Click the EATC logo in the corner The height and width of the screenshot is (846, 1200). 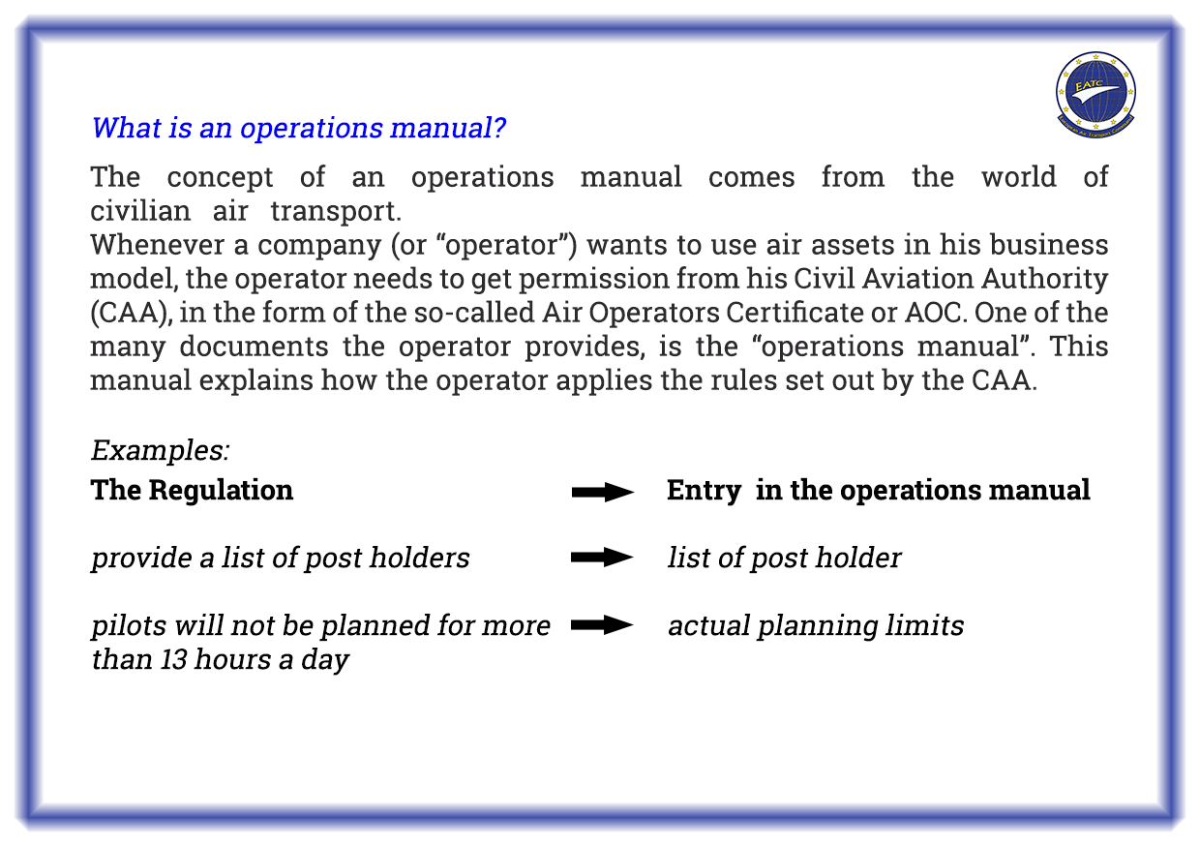pyautogui.click(x=1095, y=95)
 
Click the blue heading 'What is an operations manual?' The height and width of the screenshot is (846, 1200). pyautogui.click(x=298, y=128)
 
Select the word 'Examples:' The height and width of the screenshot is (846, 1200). pyautogui.click(x=161, y=449)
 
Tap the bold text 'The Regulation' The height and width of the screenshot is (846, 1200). pyautogui.click(x=192, y=490)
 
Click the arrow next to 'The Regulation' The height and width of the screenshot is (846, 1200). pyautogui.click(x=603, y=492)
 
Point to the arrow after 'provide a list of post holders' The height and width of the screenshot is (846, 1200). pyautogui.click(x=602, y=558)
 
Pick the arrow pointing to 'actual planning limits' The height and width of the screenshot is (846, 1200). pyautogui.click(x=602, y=624)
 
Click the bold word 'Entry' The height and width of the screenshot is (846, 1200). pyautogui.click(x=704, y=490)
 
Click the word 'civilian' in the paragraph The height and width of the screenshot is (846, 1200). pyautogui.click(x=140, y=211)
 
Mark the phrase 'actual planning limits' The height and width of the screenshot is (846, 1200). pyautogui.click(x=816, y=626)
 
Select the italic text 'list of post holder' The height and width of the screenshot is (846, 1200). pyautogui.click(x=784, y=558)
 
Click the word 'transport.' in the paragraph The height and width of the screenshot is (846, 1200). pyautogui.click(x=336, y=211)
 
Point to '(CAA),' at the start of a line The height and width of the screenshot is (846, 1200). pyautogui.click(x=132, y=313)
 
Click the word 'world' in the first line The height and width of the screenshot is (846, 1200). pyautogui.click(x=1018, y=177)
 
